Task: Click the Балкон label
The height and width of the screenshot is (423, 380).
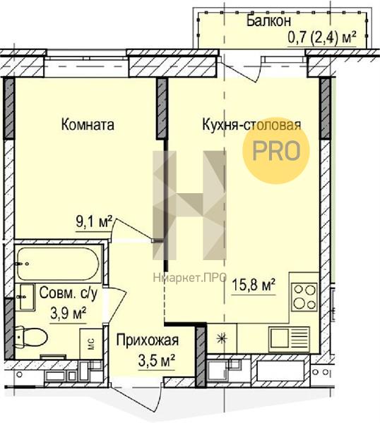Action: tap(268, 20)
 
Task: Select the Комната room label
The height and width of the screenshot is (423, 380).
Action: tap(88, 125)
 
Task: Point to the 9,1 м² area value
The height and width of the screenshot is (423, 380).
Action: tap(94, 223)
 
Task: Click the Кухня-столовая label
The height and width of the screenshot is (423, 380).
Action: tap(251, 125)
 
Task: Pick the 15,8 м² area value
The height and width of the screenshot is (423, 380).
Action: tap(254, 286)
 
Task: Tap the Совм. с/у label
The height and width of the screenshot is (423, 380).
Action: tap(68, 293)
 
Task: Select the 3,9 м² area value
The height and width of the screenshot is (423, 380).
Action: tap(69, 313)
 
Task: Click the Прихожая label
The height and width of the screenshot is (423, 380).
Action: tap(148, 341)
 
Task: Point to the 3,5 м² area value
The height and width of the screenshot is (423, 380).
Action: tap(157, 360)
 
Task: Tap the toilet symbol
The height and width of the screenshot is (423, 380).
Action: tap(30, 337)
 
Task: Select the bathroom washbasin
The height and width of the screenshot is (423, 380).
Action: tap(25, 296)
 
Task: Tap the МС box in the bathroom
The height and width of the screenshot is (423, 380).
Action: tap(91, 344)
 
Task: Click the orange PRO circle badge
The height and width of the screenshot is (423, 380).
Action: tap(276, 151)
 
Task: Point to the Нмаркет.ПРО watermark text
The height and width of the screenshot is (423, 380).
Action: tap(190, 278)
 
